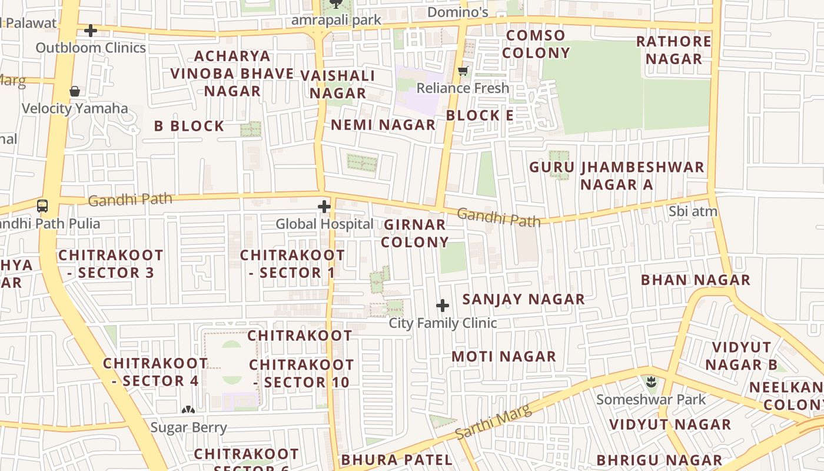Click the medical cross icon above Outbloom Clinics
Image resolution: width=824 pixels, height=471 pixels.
(91, 30)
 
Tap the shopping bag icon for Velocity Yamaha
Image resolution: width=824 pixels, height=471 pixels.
(75, 91)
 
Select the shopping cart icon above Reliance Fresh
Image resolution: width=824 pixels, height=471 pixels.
(463, 71)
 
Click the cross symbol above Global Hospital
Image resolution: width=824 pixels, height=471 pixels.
(324, 207)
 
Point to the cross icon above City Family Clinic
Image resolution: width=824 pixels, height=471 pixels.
(443, 306)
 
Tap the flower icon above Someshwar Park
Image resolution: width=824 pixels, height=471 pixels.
(651, 382)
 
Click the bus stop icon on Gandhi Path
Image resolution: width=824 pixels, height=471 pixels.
(42, 206)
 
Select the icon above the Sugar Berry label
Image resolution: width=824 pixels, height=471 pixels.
(188, 410)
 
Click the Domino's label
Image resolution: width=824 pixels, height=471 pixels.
(458, 12)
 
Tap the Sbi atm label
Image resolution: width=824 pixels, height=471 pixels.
(693, 211)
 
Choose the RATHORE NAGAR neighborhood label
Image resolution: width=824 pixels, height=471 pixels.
(674, 50)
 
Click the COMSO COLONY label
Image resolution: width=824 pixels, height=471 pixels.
(536, 44)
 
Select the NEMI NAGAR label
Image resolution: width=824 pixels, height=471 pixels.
(383, 125)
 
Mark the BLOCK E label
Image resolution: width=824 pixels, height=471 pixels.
(480, 115)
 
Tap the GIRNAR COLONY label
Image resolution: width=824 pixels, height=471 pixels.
(415, 233)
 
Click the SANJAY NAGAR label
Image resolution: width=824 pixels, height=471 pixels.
(523, 299)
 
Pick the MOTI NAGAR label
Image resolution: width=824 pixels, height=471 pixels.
(504, 356)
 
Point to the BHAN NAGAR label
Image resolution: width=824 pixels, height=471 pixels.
(696, 280)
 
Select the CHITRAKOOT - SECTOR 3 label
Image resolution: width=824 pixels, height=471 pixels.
(111, 264)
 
